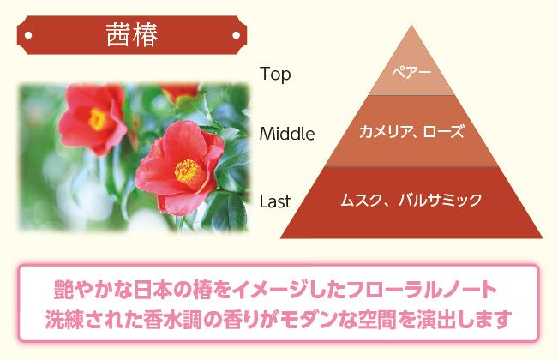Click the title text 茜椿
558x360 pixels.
click(132, 35)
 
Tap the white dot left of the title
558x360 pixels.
click(28, 35)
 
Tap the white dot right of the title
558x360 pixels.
click(236, 35)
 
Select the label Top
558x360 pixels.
click(275, 75)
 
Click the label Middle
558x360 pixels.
click(287, 134)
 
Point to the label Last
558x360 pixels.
click(275, 201)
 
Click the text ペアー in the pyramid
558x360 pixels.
click(411, 73)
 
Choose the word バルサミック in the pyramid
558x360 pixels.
click(441, 200)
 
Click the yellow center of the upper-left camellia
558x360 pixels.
click(97, 119)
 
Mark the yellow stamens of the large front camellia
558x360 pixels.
click(187, 170)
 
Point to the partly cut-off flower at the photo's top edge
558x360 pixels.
click(180, 93)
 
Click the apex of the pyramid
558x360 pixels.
click(411, 26)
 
